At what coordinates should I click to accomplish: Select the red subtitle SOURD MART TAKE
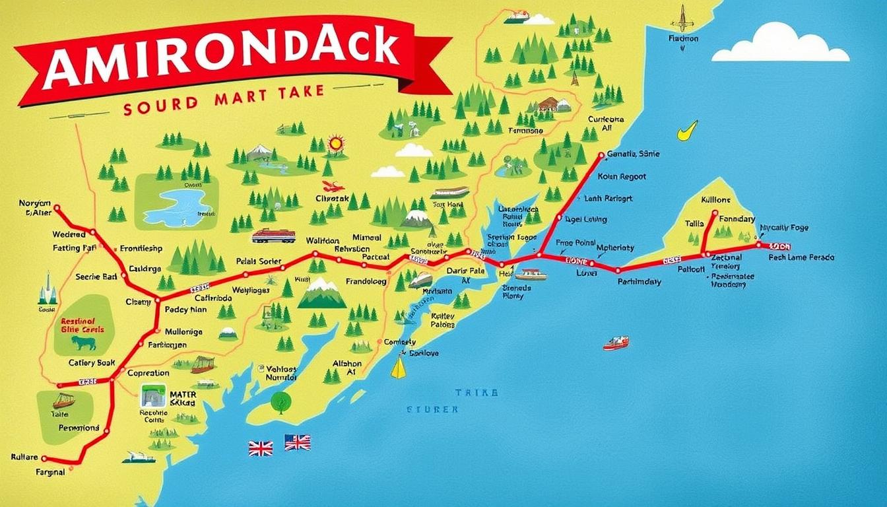click(224, 105)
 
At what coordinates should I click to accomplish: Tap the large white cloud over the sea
click(781, 46)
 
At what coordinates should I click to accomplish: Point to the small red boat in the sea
click(615, 343)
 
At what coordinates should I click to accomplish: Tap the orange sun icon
click(336, 143)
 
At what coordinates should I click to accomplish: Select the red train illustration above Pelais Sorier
click(273, 236)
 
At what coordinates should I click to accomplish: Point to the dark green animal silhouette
click(84, 343)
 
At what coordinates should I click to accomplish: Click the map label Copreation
click(148, 373)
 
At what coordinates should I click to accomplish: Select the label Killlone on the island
click(715, 199)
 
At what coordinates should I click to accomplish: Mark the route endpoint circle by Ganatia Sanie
click(601, 156)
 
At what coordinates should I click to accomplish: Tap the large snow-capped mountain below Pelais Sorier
click(322, 294)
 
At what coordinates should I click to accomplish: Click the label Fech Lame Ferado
click(801, 257)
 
